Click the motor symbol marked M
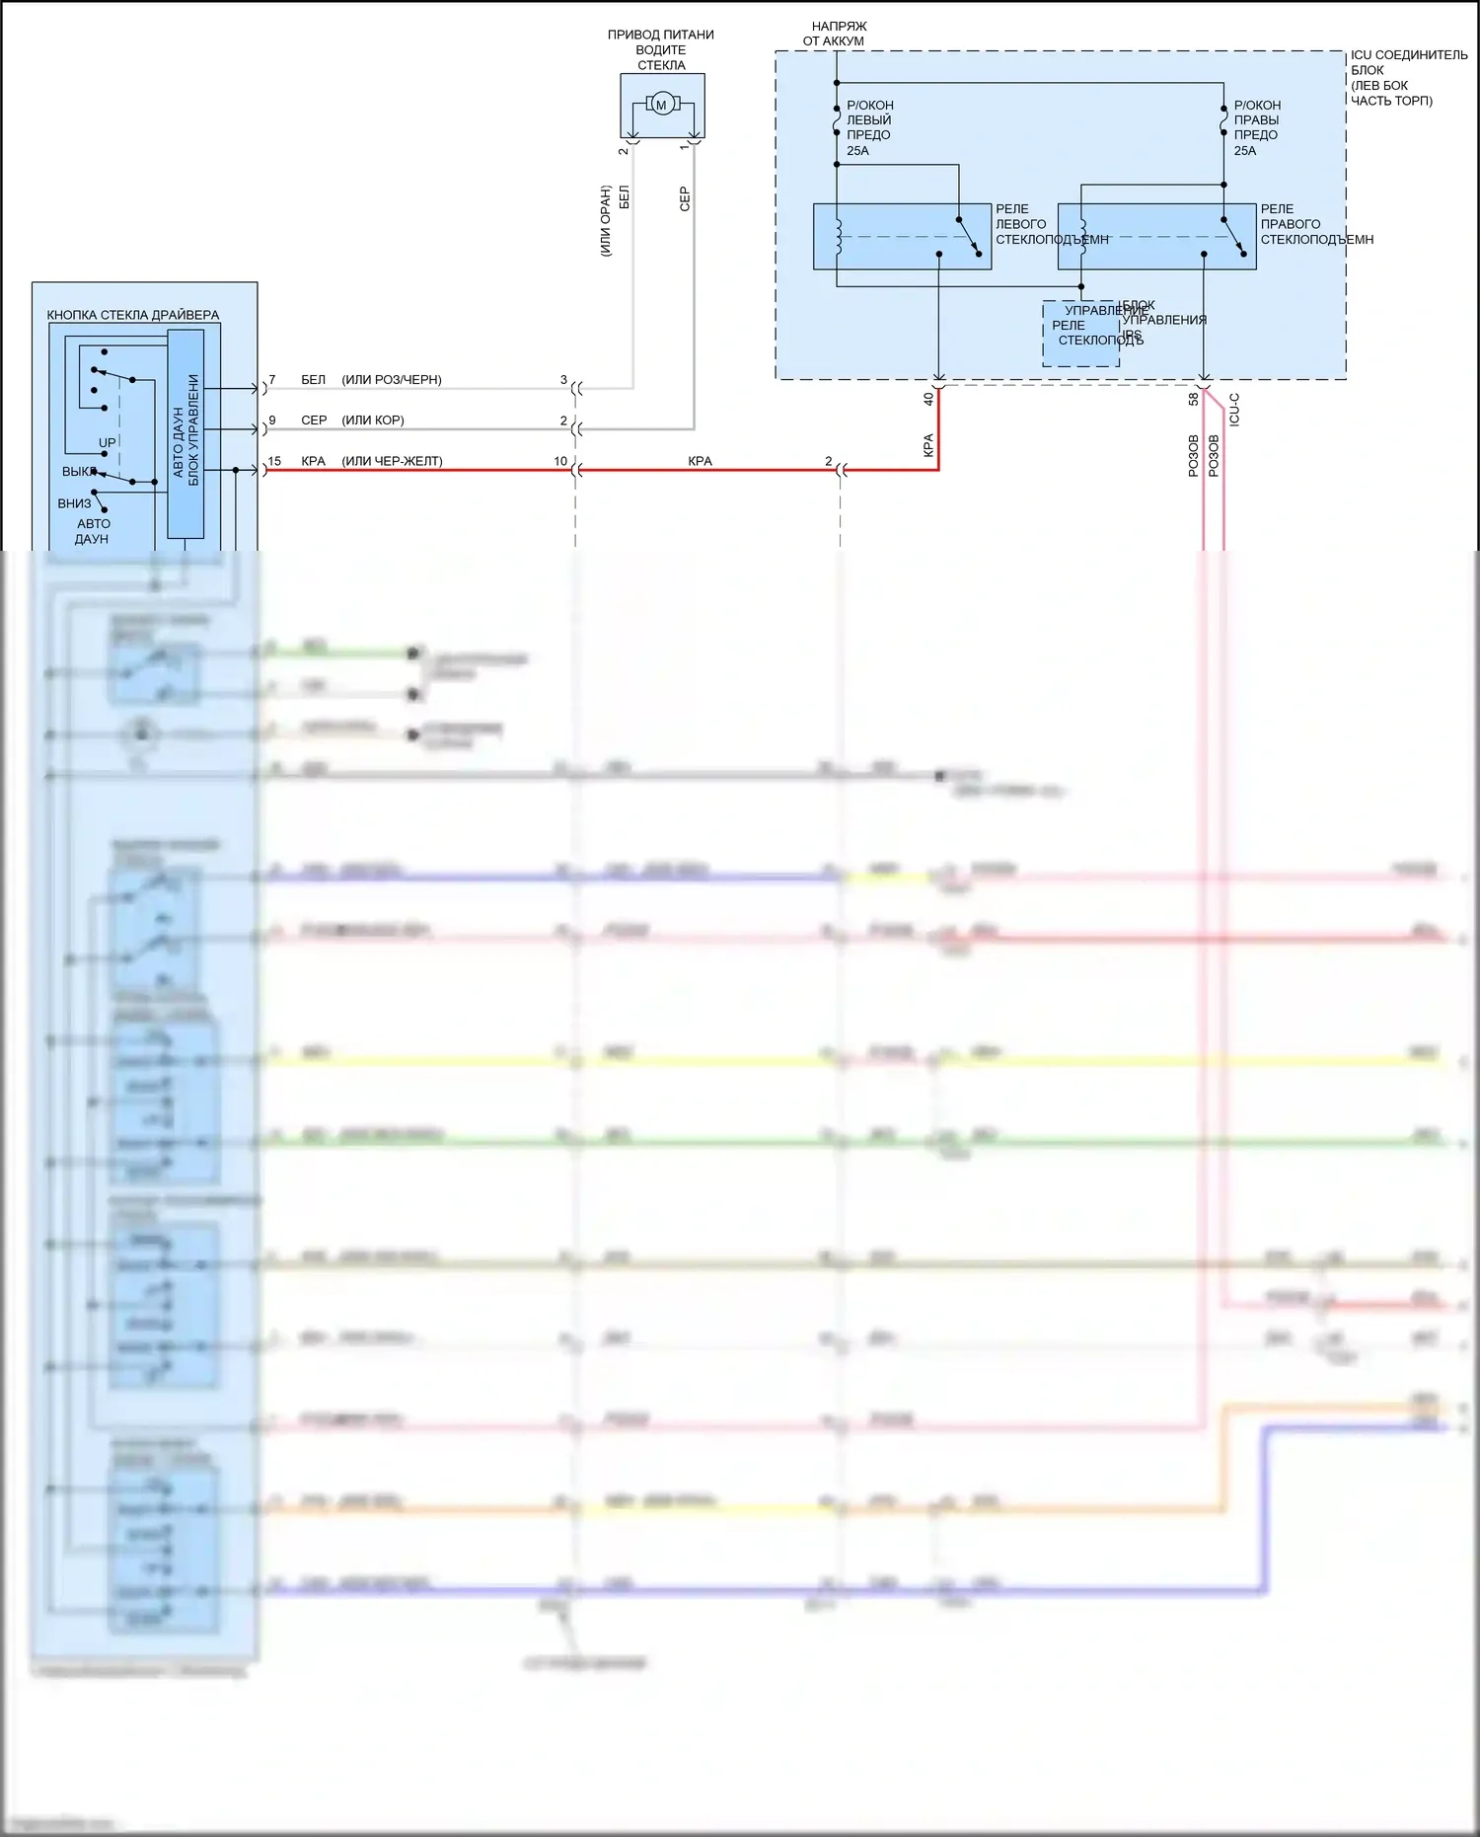[661, 105]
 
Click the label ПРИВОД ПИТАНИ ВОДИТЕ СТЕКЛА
[661, 49]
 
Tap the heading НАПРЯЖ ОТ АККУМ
[834, 34]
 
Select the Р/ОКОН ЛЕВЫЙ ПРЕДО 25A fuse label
[869, 127]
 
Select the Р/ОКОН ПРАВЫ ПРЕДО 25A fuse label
[1257, 127]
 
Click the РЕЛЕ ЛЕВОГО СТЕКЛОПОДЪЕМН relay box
[902, 236]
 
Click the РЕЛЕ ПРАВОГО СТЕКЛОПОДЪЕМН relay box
[1155, 236]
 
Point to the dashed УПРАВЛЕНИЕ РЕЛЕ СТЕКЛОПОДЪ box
[1080, 334]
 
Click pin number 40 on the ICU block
[928, 399]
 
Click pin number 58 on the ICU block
[1193, 399]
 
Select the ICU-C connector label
[1234, 409]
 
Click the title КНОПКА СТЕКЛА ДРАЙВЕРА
[133, 315]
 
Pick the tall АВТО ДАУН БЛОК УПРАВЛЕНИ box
[185, 433]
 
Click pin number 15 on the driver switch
[274, 461]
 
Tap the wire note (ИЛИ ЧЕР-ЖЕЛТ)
[392, 461]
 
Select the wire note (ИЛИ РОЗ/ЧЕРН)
[391, 379]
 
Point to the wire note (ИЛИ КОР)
[372, 420]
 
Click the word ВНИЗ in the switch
[74, 503]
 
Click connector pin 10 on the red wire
[560, 461]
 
